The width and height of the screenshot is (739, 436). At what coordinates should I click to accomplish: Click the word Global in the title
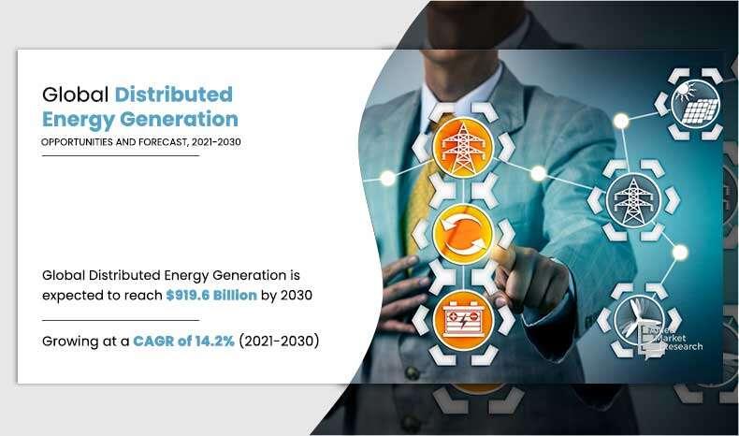click(76, 94)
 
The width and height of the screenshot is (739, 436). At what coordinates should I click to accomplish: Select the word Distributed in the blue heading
click(173, 94)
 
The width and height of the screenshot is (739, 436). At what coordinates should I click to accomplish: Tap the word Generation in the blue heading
click(179, 119)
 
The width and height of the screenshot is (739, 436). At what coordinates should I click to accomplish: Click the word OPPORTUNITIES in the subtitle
click(77, 142)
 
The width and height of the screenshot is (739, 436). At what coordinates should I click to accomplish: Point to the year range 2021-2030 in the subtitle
click(216, 142)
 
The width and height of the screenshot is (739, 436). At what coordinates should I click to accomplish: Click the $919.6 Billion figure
click(211, 295)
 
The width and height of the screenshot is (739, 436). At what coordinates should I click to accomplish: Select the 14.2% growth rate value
click(215, 341)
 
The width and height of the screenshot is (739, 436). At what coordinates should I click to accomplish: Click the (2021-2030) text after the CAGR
click(279, 341)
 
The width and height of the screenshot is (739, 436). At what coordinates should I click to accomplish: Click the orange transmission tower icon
click(463, 148)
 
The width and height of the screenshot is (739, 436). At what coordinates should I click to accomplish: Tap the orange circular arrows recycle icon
click(463, 234)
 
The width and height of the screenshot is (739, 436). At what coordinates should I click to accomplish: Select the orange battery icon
click(463, 321)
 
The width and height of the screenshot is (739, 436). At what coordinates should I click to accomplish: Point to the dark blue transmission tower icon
click(633, 200)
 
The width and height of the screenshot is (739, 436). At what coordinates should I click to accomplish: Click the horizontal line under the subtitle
click(121, 155)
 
